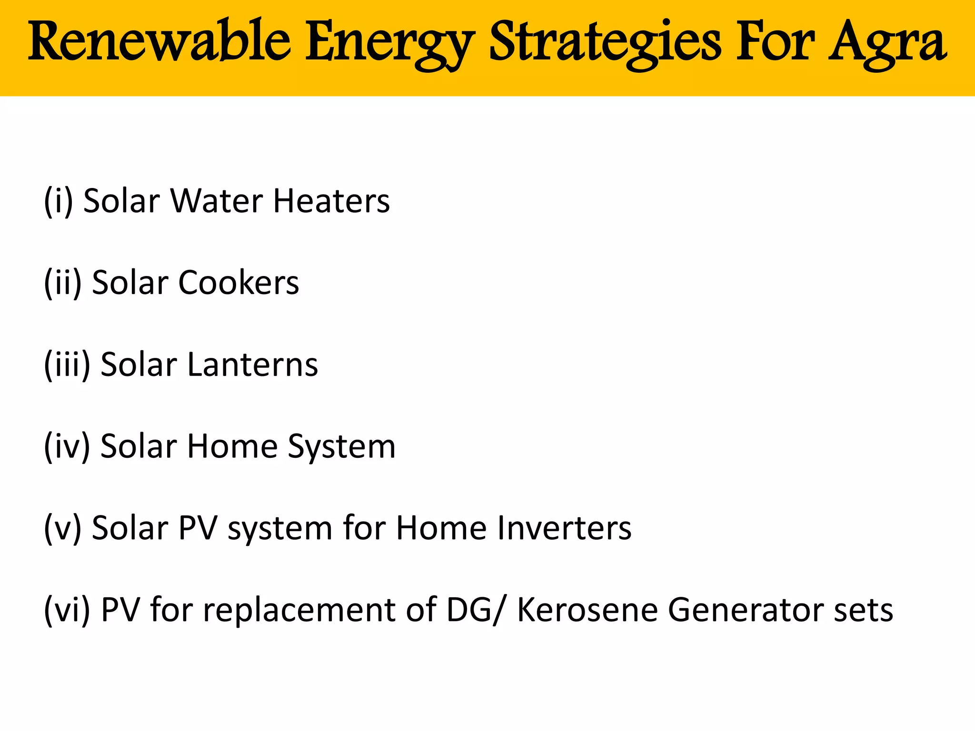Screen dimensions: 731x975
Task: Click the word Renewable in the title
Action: (x=159, y=42)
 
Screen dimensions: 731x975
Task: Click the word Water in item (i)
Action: (x=217, y=201)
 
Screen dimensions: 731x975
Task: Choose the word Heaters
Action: (x=331, y=201)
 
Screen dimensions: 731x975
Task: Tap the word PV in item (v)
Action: (x=198, y=528)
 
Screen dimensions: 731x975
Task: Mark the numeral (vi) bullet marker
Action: (x=67, y=611)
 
